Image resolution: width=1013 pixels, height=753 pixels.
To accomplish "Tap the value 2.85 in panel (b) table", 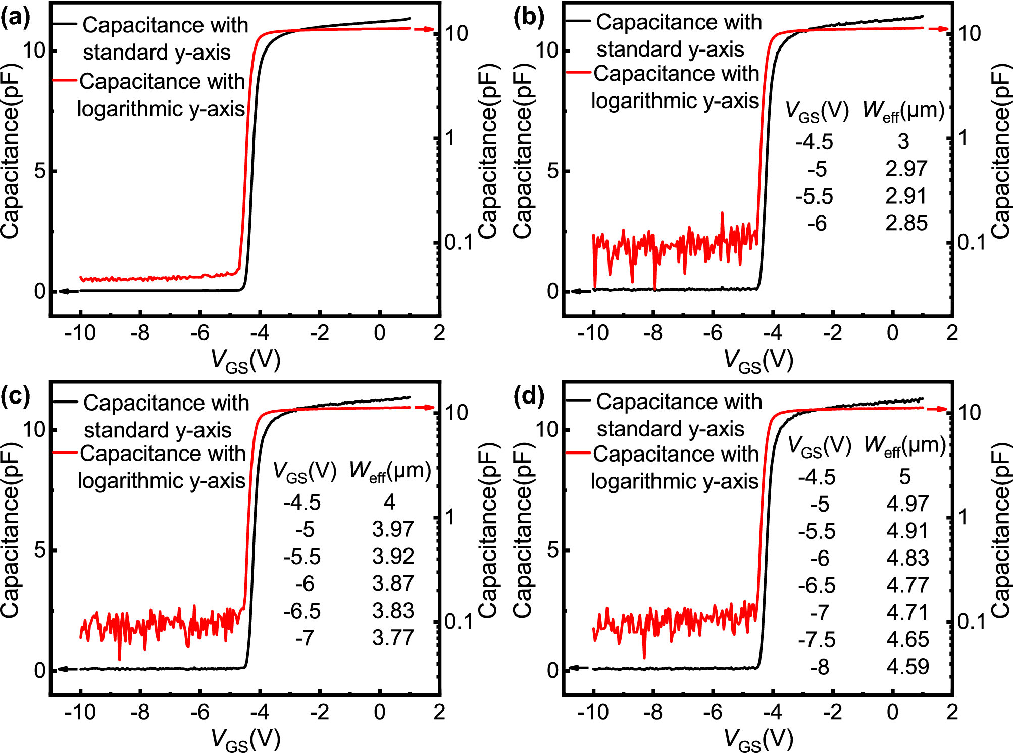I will (x=906, y=223).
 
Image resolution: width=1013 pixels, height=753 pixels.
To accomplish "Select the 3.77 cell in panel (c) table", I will (x=393, y=637).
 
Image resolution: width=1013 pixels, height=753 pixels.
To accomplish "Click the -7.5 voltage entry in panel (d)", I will (x=817, y=639).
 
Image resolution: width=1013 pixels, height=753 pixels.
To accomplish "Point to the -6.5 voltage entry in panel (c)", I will (x=301, y=611).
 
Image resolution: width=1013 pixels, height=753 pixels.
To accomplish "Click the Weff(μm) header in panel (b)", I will (x=903, y=111).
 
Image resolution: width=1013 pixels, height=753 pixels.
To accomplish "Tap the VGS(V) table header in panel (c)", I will (x=305, y=471).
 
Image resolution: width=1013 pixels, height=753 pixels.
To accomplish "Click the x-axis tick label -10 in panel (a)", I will (x=80, y=333).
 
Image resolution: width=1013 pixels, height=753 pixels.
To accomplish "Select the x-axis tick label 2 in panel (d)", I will (x=952, y=712).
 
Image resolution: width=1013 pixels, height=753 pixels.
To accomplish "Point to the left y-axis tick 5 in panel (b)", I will (x=552, y=171).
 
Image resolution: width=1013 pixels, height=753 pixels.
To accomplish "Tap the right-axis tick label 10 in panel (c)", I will (x=457, y=413).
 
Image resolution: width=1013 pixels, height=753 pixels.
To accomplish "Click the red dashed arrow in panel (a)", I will (x=424, y=29).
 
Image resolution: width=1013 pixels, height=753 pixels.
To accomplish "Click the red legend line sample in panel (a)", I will (x=64, y=80).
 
